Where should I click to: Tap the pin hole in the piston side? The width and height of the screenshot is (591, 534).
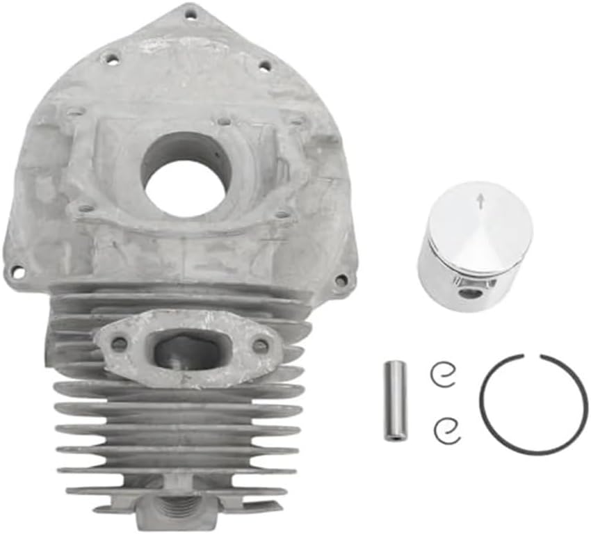pyautogui.click(x=473, y=293)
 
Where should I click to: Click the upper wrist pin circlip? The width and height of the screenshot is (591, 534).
pyautogui.click(x=443, y=376)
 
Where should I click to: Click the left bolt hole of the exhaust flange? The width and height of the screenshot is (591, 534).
pyautogui.click(x=120, y=343)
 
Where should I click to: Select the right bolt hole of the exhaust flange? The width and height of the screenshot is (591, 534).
pyautogui.click(x=259, y=345)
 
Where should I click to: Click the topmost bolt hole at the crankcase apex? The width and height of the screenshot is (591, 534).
pyautogui.click(x=190, y=12)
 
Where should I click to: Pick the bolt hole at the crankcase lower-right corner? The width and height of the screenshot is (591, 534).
pyautogui.click(x=341, y=280)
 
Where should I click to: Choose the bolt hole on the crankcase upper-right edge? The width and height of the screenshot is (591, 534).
pyautogui.click(x=265, y=65)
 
